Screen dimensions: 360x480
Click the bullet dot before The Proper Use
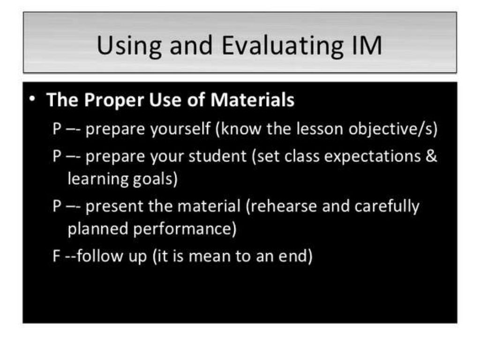tap(31, 99)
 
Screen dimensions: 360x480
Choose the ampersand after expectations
tap(431, 156)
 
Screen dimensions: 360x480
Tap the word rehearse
tap(280, 206)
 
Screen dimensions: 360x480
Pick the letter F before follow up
tap(56, 256)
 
